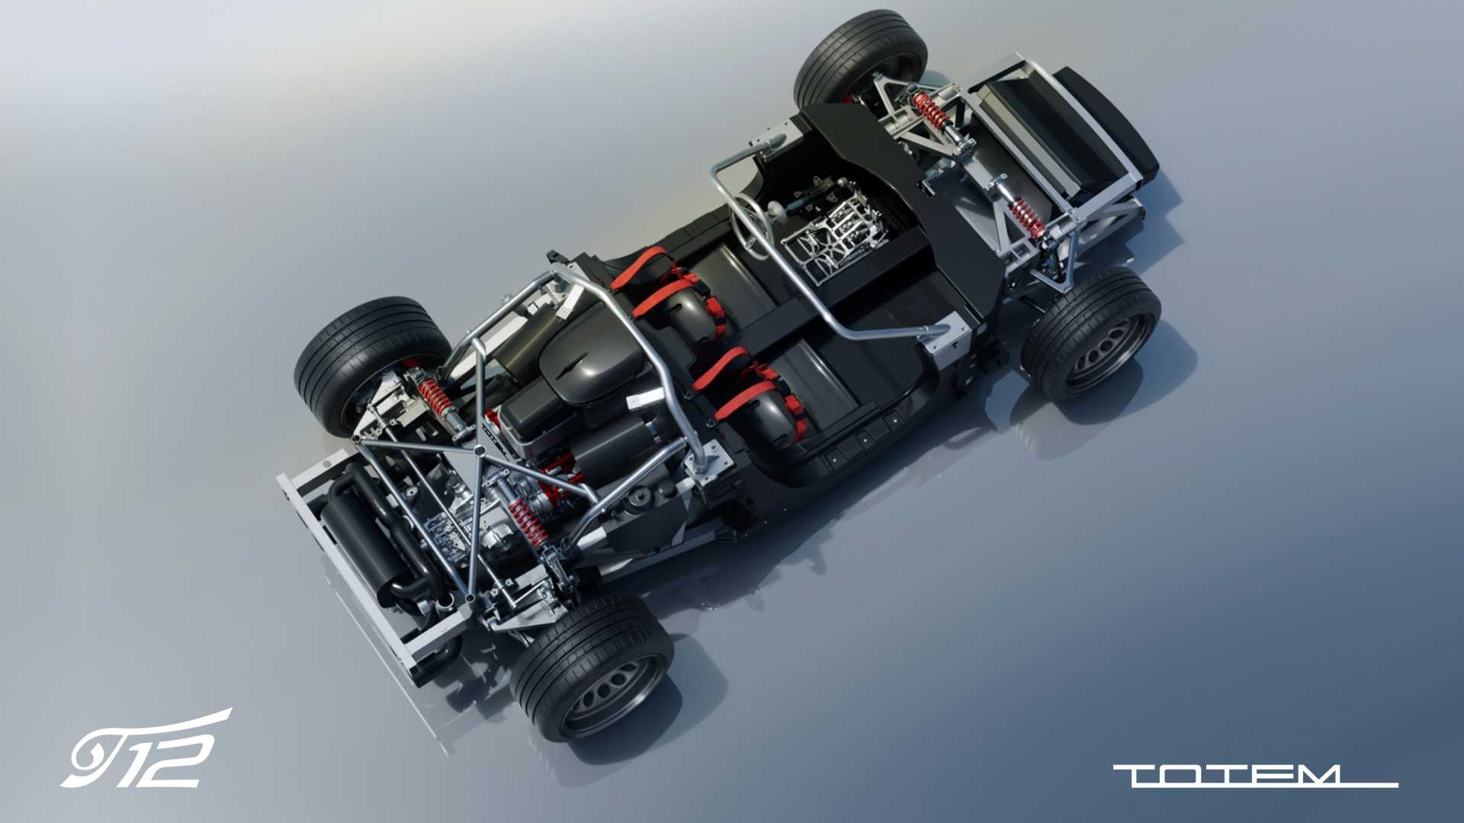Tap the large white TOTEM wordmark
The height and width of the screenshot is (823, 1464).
click(1255, 776)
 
